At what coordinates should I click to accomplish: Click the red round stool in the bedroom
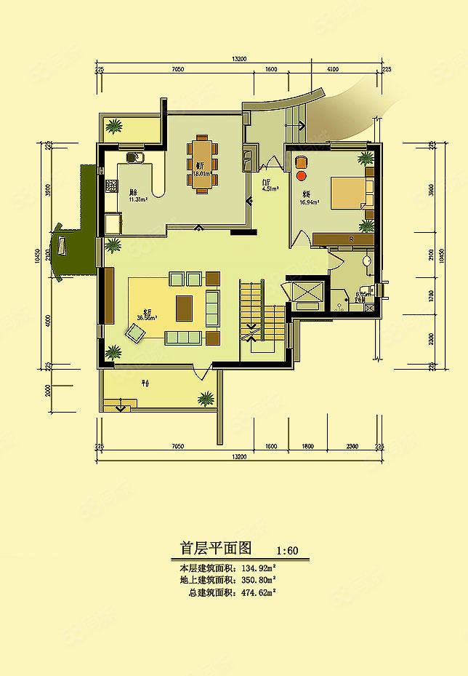tap(302, 175)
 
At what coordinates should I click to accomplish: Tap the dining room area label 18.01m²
tap(201, 174)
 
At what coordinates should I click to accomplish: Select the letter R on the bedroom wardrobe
tap(351, 239)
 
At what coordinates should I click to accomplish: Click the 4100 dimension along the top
tap(332, 68)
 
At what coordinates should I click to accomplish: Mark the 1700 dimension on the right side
tap(432, 295)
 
